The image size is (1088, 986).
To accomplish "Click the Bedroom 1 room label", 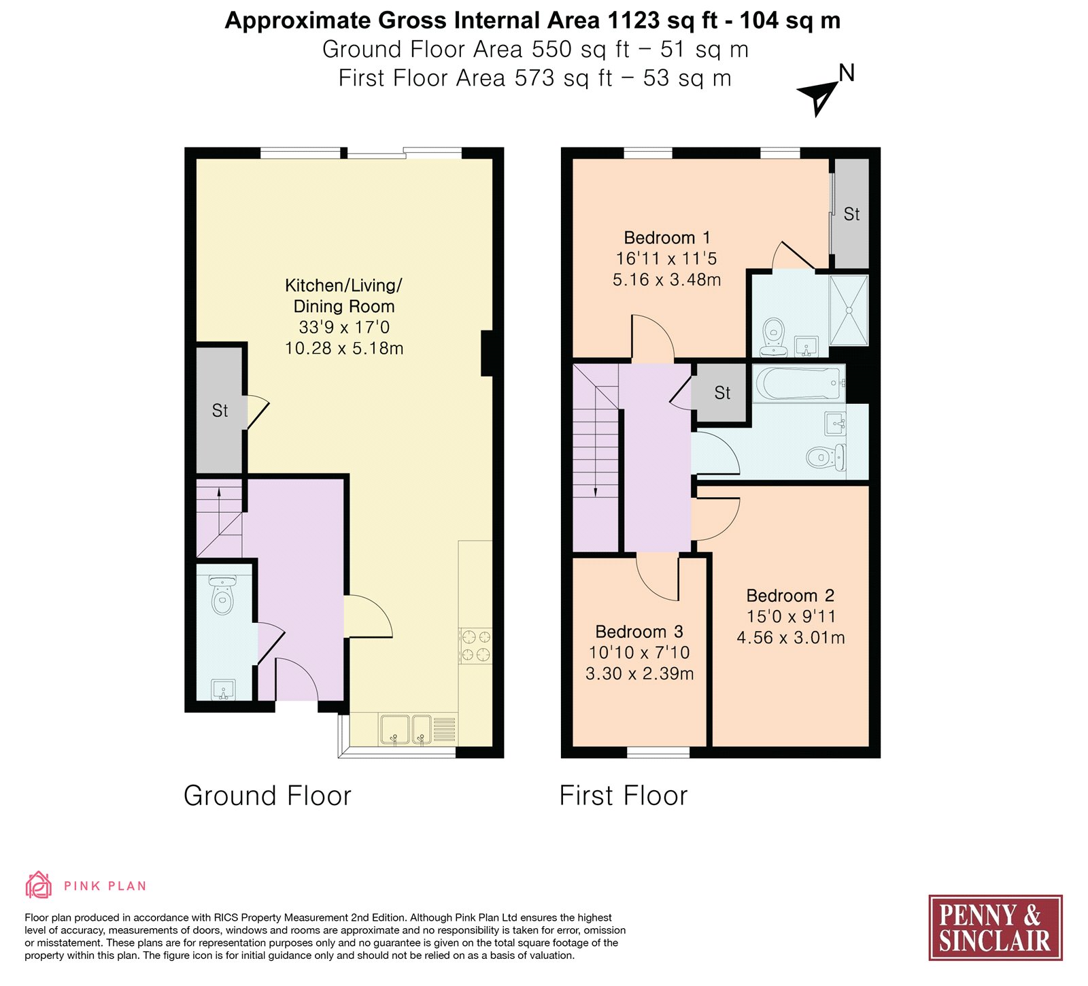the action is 667,238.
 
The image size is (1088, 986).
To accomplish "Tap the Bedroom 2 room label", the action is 790,596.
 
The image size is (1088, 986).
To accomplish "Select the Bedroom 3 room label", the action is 639,632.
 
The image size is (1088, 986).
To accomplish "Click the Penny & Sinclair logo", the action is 996,928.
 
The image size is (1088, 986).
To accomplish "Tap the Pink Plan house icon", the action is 38,885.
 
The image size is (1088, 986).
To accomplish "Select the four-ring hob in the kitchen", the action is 475,645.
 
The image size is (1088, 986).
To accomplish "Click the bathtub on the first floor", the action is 799,384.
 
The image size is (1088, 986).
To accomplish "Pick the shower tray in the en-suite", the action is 849,310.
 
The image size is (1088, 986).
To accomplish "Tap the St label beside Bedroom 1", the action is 851,214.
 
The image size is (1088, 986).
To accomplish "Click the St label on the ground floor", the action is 220,411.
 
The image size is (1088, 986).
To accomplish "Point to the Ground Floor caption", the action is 267,796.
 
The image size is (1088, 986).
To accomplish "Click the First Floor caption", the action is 624,796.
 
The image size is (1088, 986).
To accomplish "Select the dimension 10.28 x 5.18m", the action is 344,348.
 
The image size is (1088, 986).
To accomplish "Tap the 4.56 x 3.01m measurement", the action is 791,638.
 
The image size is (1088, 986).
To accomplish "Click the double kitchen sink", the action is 405,730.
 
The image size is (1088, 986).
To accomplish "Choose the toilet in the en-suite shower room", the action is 773,337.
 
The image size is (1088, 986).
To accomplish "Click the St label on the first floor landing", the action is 722,393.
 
